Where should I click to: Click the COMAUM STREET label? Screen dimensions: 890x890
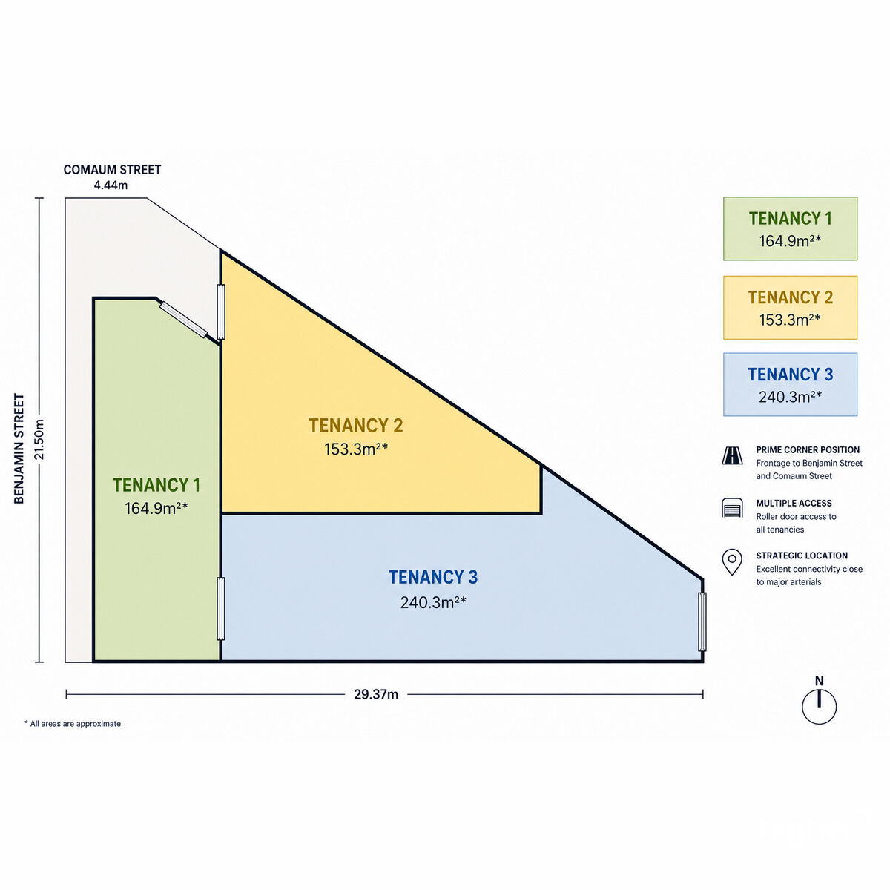coord(112,170)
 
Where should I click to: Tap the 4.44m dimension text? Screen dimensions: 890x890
coord(111,185)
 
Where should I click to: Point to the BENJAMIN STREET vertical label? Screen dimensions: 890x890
coord(19,449)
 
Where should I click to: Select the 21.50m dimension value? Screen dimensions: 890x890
coord(39,439)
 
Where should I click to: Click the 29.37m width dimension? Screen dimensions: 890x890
coord(376,694)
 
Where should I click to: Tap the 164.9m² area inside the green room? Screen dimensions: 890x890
coord(156,508)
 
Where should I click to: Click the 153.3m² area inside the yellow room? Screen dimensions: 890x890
coord(356,449)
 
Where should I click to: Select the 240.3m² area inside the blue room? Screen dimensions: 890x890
coord(433,602)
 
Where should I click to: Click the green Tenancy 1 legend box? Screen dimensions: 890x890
coord(790,228)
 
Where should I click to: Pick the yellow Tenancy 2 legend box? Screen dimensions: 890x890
coord(790,308)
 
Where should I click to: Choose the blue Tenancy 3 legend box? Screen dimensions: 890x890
coord(790,384)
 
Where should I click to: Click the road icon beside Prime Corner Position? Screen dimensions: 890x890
coord(732,455)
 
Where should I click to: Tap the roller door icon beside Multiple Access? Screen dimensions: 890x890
coord(732,507)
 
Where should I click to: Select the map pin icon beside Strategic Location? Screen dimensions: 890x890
coord(732,562)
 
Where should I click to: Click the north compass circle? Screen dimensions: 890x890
coord(819,707)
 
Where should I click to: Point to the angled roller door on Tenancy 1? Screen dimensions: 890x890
coord(184,319)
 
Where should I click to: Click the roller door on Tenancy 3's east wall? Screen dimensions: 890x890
coord(702,622)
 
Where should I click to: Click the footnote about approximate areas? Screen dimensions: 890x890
coord(73,724)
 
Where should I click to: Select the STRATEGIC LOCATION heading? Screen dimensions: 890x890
coord(802,556)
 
